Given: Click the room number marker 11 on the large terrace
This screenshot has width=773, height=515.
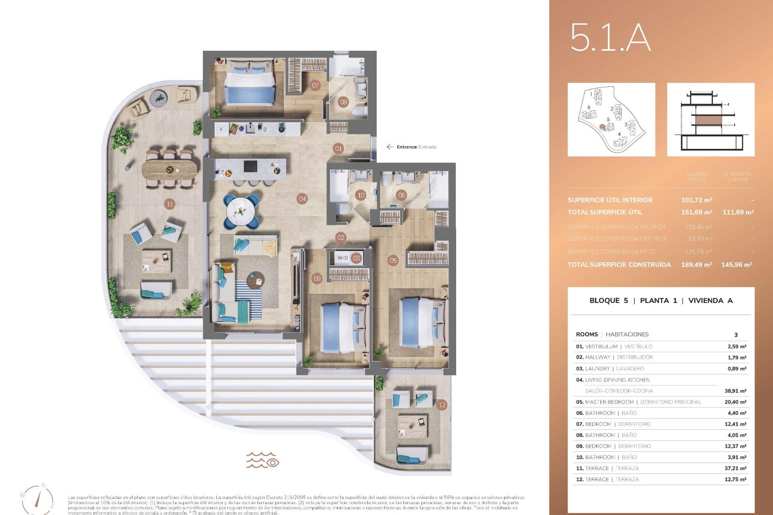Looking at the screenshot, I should (170, 204).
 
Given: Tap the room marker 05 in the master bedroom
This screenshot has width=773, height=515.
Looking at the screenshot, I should (393, 260).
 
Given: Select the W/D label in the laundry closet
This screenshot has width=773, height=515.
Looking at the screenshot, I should (343, 258).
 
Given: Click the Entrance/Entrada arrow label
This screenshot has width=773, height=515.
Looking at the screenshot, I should (411, 147).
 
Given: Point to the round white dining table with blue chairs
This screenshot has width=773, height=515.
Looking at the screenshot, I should (241, 210).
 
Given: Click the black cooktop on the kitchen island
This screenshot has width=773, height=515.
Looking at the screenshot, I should (250, 166).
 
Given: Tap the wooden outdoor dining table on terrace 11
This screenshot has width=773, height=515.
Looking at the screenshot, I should (170, 169).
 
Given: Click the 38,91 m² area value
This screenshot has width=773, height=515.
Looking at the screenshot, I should (735, 391).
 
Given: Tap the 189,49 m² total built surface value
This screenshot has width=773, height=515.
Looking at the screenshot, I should (697, 264).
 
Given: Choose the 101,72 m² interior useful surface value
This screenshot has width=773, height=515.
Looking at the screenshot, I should (697, 200).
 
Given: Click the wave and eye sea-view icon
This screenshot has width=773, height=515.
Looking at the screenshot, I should (262, 460).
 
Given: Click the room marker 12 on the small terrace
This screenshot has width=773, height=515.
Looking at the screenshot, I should (442, 405).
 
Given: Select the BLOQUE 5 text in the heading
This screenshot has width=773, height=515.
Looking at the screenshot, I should (608, 301).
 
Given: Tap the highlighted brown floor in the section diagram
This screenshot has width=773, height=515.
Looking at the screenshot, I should (711, 120).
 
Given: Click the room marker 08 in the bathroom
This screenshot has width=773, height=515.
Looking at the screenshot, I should (343, 102).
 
